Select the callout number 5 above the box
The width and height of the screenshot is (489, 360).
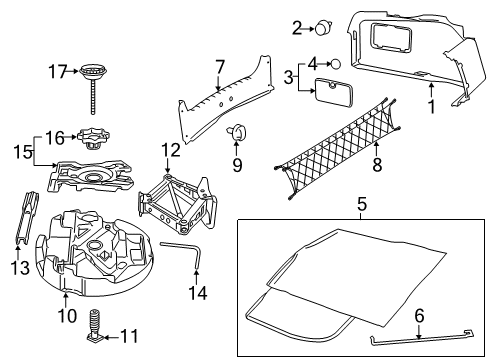[361, 207]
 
